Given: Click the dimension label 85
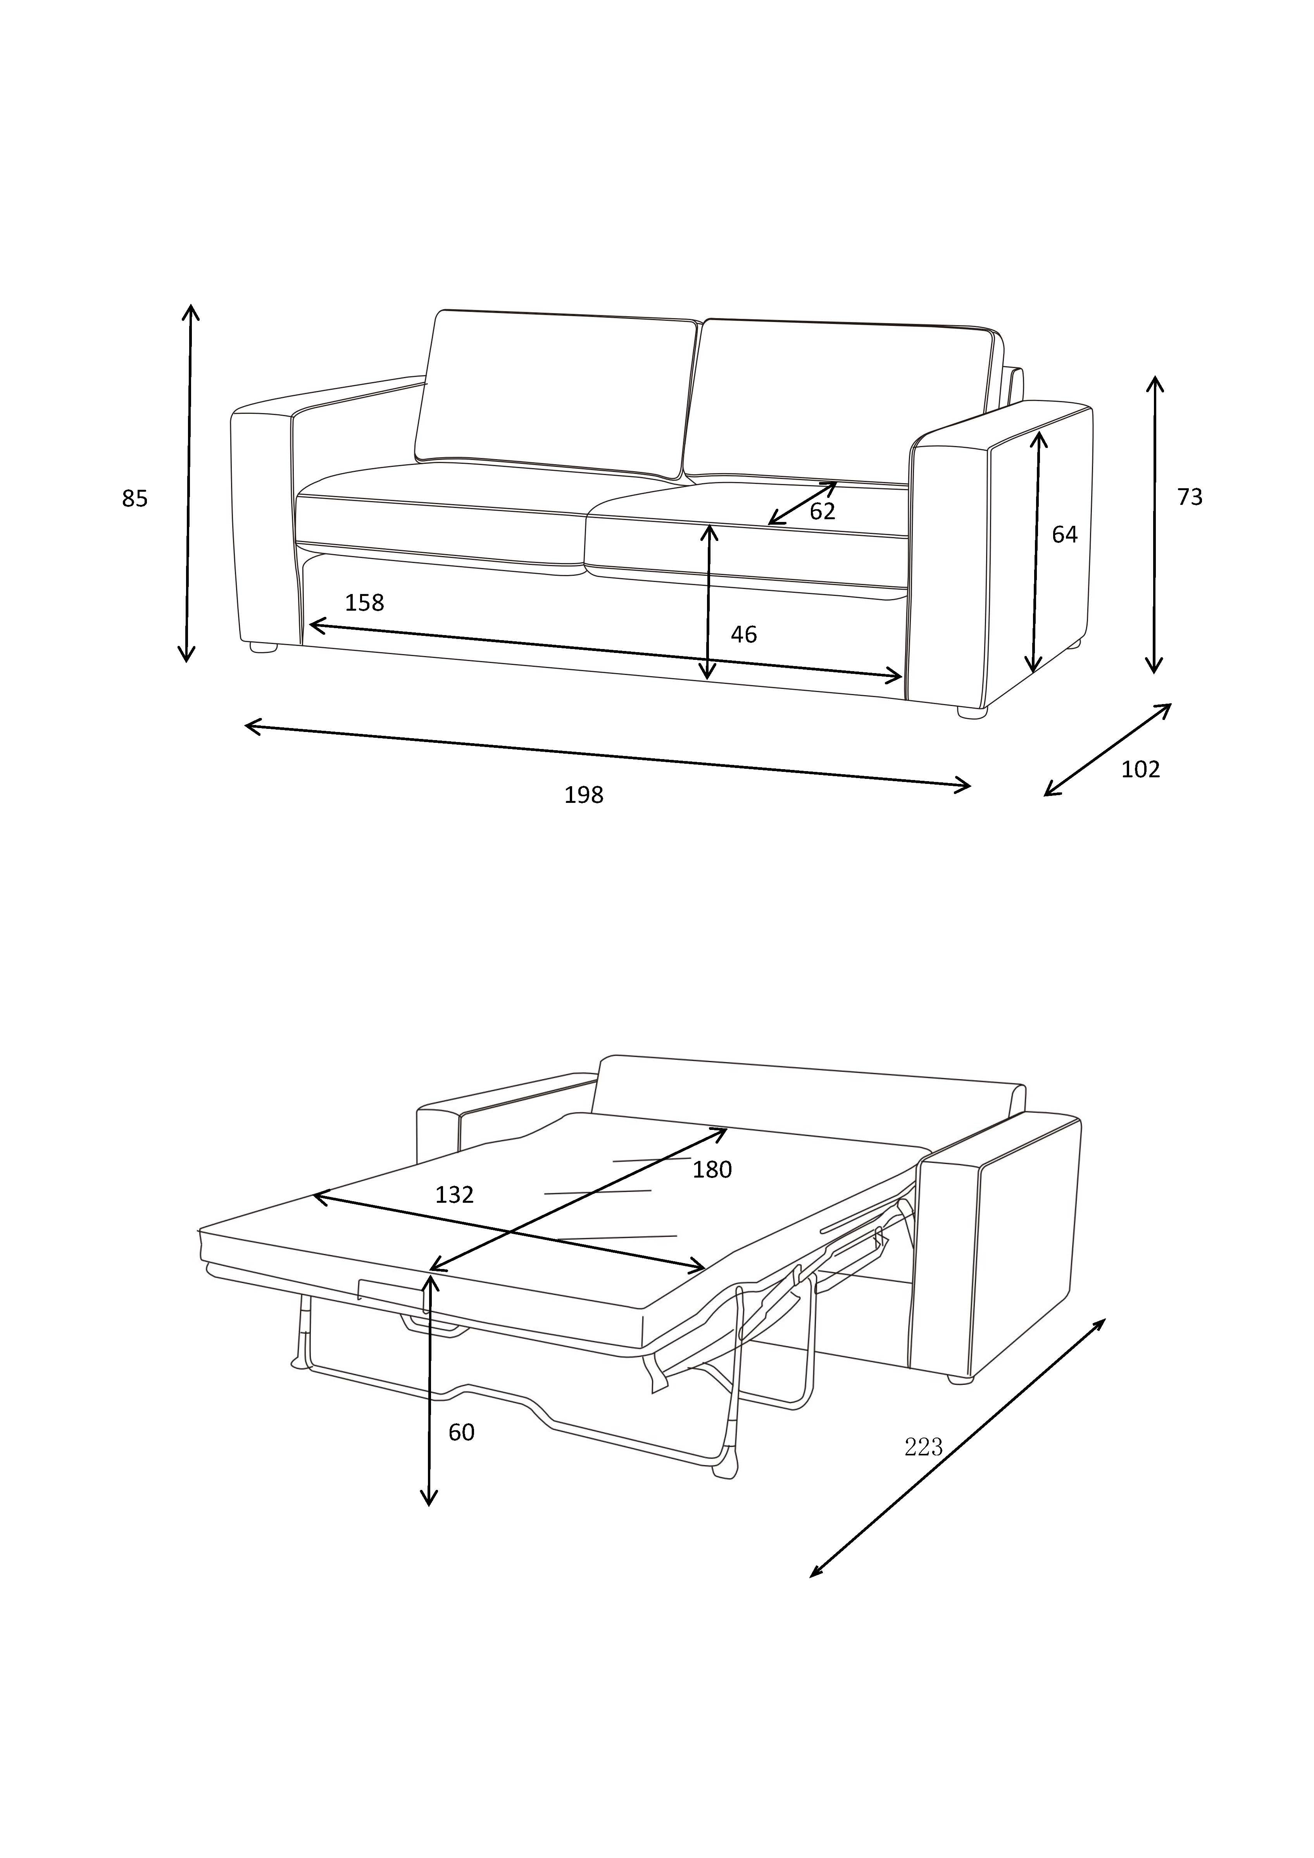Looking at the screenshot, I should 135,499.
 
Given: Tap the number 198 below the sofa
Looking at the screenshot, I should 584,796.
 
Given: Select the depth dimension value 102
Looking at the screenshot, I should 1140,770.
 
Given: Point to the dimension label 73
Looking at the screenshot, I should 1189,498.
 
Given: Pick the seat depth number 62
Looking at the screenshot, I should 822,511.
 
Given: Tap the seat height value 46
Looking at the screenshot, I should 743,634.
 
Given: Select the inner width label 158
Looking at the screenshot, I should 364,603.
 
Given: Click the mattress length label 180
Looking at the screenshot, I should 712,1170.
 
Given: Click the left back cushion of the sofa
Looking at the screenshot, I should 555,393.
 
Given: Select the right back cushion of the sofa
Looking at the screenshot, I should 842,401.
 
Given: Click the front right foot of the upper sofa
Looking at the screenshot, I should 973,712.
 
